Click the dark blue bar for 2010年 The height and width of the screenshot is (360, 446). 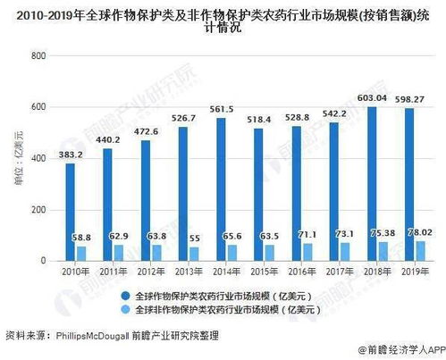(x=70, y=212)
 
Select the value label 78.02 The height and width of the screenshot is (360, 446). (x=420, y=231)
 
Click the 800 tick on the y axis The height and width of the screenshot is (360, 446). (x=38, y=55)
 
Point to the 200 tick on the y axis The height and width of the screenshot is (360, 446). (x=38, y=209)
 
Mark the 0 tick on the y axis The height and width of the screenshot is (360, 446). (x=43, y=261)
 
